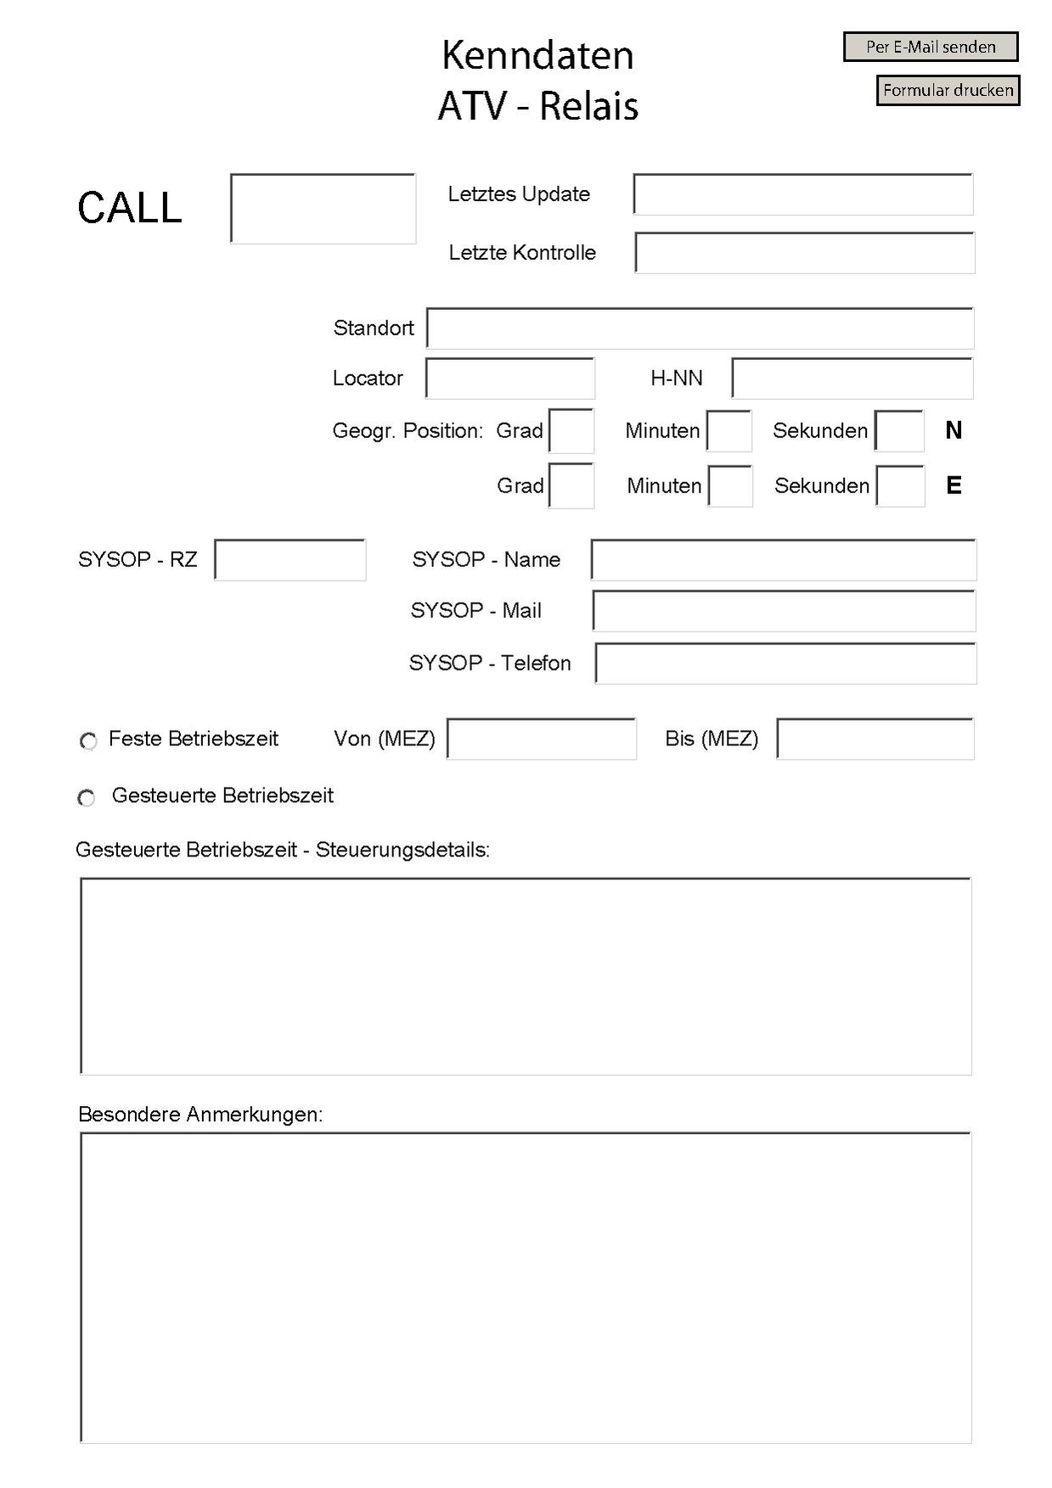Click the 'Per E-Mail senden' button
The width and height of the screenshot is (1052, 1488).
click(930, 47)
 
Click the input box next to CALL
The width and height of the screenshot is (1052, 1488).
click(323, 209)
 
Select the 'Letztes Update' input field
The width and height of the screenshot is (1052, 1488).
click(802, 194)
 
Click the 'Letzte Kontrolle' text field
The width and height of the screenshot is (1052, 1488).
click(804, 253)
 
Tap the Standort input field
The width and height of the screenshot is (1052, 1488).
click(700, 328)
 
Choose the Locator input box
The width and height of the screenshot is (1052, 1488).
click(509, 379)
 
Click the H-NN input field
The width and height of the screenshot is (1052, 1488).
click(852, 379)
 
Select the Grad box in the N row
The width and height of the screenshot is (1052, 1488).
click(571, 431)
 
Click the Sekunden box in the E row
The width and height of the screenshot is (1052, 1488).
click(900, 486)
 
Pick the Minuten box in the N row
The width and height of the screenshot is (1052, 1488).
click(729, 431)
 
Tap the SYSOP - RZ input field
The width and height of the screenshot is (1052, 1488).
click(290, 560)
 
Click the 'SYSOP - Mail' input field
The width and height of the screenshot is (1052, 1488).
click(784, 611)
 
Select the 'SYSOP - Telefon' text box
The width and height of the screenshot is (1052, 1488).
click(785, 664)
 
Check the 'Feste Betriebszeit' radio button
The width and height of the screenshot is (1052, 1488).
click(88, 741)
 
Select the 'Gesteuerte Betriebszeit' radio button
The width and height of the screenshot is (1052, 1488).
click(87, 798)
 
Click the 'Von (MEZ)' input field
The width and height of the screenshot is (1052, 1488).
click(542, 739)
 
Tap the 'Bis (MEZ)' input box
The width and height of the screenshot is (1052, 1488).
click(875, 739)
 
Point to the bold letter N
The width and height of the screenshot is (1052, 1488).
click(954, 431)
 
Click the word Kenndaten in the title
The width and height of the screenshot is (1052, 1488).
click(537, 56)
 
